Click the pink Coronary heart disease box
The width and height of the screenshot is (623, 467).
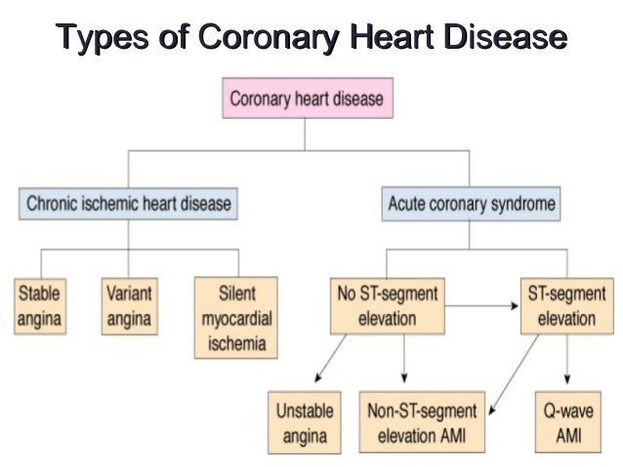pyautogui.click(x=306, y=98)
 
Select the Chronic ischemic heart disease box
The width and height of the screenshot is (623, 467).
pyautogui.click(x=129, y=204)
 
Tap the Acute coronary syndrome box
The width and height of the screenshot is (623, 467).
pyautogui.click(x=472, y=204)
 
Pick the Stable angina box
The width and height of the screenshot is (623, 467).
pyautogui.click(x=40, y=305)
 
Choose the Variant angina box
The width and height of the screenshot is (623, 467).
pyautogui.click(x=129, y=305)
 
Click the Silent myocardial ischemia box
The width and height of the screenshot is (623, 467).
pyautogui.click(x=236, y=318)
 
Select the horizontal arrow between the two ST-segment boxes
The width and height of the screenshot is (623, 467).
pyautogui.click(x=484, y=304)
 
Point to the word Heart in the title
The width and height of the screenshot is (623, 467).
pyautogui.click(x=382, y=37)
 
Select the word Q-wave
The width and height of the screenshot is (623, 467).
pyautogui.click(x=568, y=411)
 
